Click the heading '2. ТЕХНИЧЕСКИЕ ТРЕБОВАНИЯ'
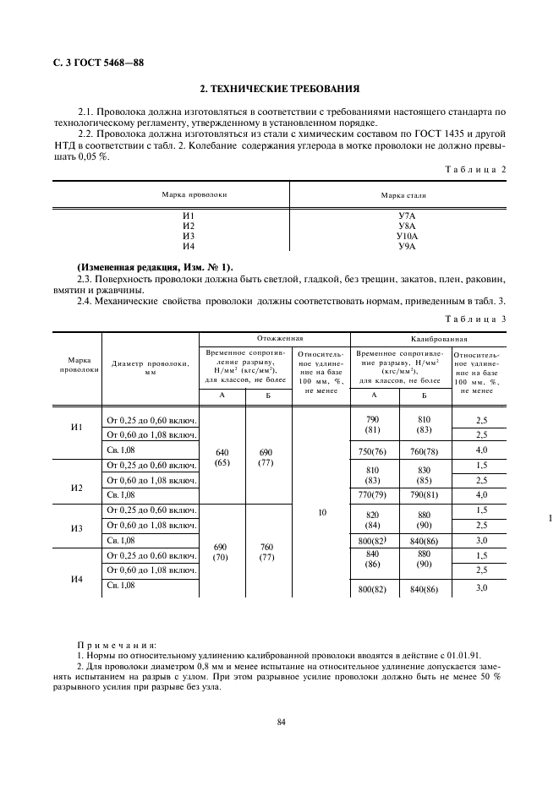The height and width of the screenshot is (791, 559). (279, 88)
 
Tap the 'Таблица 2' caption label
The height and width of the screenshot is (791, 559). (476, 170)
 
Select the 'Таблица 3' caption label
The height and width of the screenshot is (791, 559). (476, 319)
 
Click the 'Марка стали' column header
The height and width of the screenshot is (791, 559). (403, 194)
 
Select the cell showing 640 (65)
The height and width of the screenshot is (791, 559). (222, 456)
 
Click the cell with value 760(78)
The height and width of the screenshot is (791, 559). (424, 450)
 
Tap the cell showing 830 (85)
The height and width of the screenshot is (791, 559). (424, 475)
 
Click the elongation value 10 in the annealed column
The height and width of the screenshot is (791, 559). (321, 512)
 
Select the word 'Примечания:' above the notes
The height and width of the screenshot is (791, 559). (110, 644)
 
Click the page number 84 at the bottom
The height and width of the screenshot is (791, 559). (280, 721)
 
